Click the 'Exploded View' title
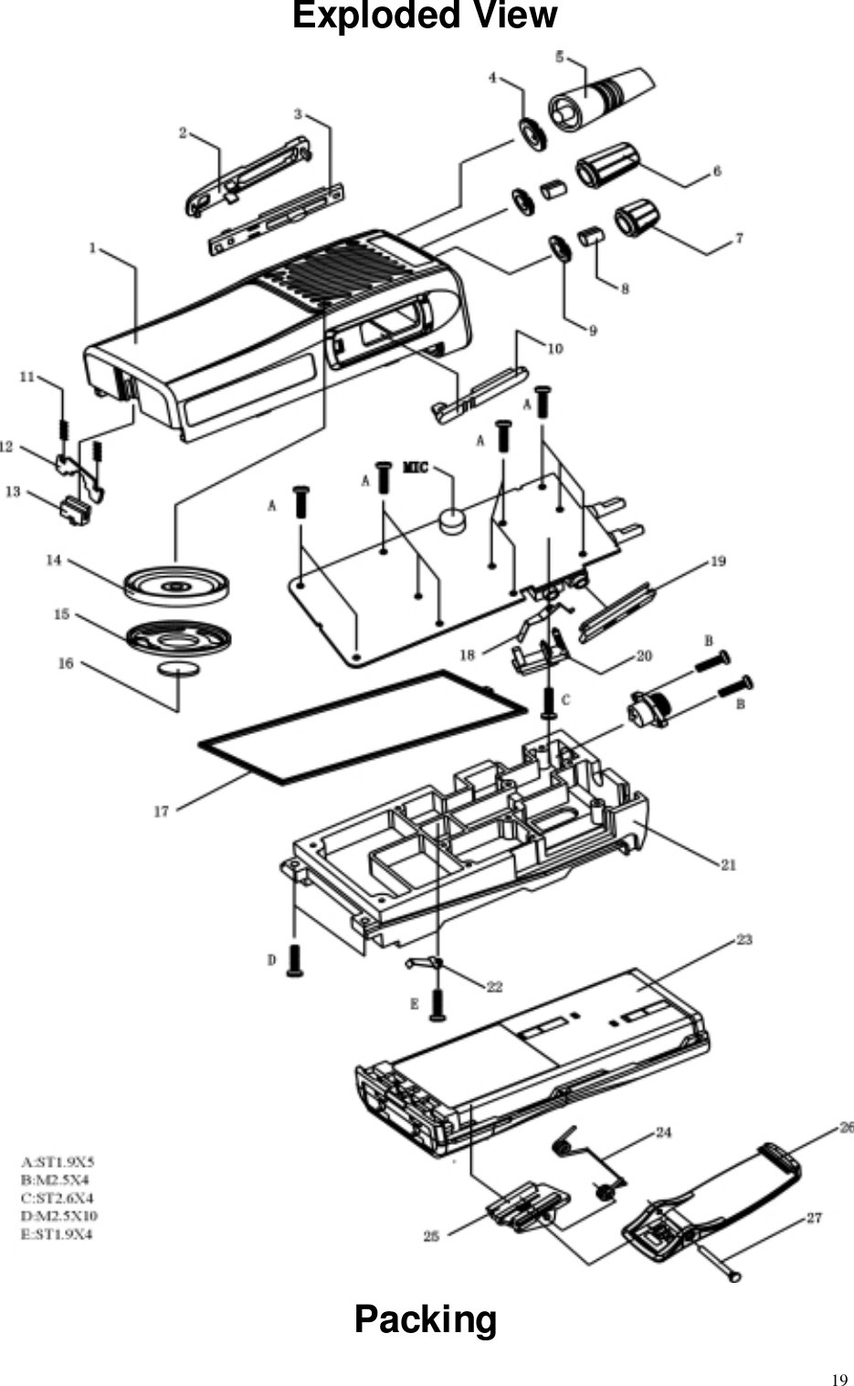pos(424,17)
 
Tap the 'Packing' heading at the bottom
pos(426,1319)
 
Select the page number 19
pos(837,1378)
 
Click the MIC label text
pos(416,468)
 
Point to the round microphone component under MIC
pos(452,521)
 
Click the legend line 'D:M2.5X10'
pos(58,1216)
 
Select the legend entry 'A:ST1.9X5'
pos(58,1162)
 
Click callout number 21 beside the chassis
pos(728,864)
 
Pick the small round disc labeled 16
pos(179,670)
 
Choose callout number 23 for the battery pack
pos(744,940)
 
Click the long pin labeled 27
pos(716,1265)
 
